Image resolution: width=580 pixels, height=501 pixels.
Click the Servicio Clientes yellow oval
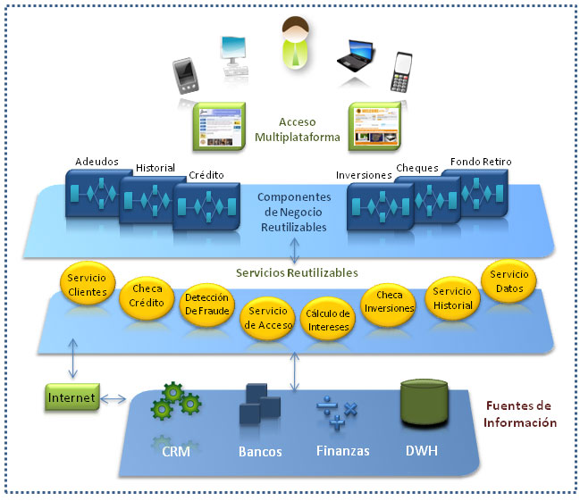click(88, 285)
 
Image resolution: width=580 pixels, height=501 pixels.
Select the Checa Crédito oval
click(147, 296)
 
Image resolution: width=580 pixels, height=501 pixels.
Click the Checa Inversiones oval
click(389, 302)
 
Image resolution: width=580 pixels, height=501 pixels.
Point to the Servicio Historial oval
click(451, 297)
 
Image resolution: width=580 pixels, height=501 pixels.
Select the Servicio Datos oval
click(509, 280)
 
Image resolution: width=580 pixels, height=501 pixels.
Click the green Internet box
click(71, 397)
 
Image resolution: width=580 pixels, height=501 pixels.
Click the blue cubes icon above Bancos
click(259, 406)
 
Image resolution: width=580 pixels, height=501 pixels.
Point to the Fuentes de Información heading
click(520, 414)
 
